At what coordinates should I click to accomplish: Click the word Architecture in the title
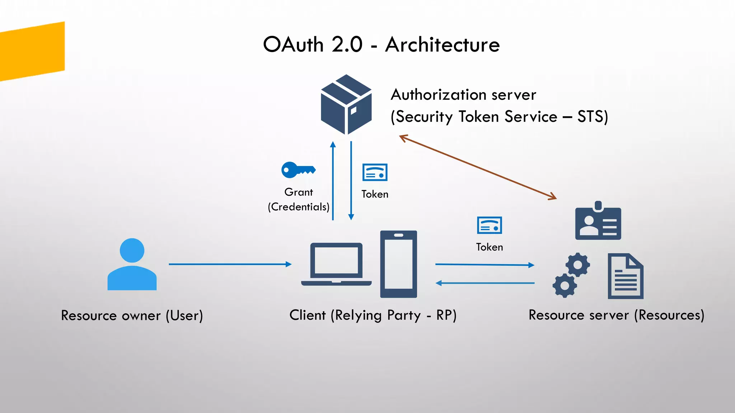tap(442, 45)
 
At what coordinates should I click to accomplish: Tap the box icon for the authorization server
tap(346, 105)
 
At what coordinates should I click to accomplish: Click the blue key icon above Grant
tap(298, 170)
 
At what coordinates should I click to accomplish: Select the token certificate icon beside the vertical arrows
tap(375, 172)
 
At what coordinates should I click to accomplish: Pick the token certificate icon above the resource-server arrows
tap(489, 226)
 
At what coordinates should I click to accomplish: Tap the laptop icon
tap(336, 265)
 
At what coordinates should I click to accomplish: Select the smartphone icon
tap(398, 264)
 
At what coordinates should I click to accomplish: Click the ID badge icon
tap(598, 221)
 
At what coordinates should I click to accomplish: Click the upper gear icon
tap(577, 265)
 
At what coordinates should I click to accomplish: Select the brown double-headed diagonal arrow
tap(478, 167)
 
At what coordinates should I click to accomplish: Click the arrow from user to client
tap(230, 264)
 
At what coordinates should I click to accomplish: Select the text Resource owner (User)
tap(132, 315)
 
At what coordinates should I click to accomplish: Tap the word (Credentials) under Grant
tap(299, 207)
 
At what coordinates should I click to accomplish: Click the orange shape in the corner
tap(32, 51)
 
